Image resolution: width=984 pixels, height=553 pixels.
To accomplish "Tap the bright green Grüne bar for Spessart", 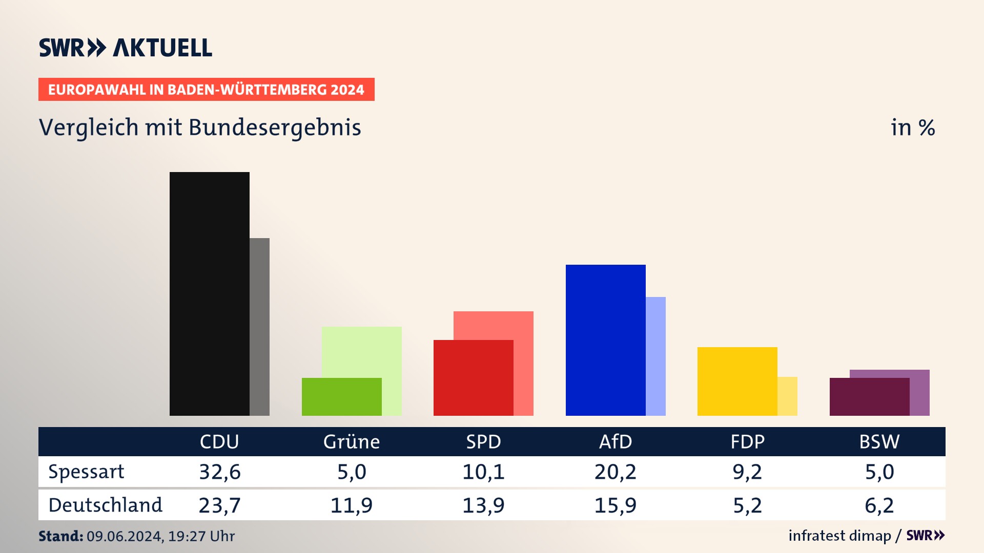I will (x=341, y=397).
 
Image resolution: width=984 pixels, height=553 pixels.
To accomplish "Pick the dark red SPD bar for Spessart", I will (x=473, y=377).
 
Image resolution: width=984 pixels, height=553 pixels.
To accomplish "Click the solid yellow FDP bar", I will (x=737, y=381).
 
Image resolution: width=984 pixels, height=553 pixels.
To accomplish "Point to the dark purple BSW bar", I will (x=869, y=397).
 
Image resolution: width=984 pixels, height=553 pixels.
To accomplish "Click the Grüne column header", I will (x=351, y=442).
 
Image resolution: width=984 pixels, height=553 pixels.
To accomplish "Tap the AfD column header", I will (x=615, y=442).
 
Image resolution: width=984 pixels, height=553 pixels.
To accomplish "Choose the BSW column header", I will (x=879, y=442).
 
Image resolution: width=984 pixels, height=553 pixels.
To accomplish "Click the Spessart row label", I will (x=86, y=472).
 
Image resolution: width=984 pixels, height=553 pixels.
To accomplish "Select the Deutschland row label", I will (x=105, y=505).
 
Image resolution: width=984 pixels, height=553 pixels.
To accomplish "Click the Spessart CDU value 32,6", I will (x=219, y=472).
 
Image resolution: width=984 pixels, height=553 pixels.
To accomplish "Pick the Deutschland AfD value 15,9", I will (x=615, y=505).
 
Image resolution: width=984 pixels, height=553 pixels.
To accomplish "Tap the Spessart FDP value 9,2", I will (x=747, y=472).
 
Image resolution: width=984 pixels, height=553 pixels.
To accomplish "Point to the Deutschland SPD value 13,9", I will (x=483, y=505).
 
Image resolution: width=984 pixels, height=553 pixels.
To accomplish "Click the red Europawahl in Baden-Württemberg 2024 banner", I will (x=206, y=90).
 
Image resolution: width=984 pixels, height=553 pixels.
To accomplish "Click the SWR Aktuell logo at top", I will (x=125, y=48).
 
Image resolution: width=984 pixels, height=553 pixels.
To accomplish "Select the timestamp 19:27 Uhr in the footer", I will (x=201, y=536).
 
